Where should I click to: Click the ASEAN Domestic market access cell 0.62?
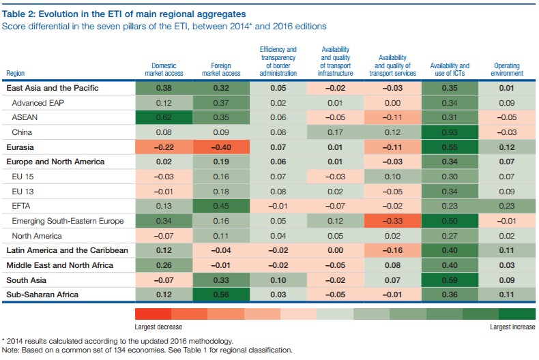pos(164,117)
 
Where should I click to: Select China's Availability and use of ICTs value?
pos(450,132)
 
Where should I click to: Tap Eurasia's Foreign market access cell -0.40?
pos(221,147)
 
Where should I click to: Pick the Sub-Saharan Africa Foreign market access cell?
pos(221,295)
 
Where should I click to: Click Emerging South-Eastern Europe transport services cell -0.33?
pos(392,221)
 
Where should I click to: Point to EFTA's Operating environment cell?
pos(507,206)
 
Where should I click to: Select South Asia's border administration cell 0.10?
pos(278,280)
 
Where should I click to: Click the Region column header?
pos(16,73)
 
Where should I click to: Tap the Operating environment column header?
pos(507,70)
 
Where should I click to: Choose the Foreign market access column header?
pos(221,70)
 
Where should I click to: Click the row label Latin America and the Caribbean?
pos(67,250)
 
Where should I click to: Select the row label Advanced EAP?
pos(38,103)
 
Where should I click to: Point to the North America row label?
pos(37,236)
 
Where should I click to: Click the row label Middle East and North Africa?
pos(60,265)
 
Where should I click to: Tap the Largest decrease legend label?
pos(158,327)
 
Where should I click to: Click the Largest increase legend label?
pos(512,327)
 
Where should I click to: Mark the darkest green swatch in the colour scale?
pos(517,314)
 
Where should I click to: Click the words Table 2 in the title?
pos(18,14)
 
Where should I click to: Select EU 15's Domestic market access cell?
pos(164,177)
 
